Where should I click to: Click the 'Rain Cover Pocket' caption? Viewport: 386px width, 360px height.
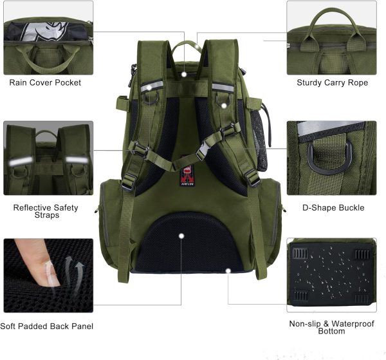45,82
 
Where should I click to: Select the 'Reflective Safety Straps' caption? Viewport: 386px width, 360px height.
46,211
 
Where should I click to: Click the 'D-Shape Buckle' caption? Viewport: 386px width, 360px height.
333,207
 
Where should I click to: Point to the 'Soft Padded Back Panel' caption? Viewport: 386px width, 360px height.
47,327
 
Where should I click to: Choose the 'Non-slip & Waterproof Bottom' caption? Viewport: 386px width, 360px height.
331,328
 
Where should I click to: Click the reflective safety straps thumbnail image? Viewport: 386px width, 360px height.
48,158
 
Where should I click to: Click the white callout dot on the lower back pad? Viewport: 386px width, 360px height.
182,236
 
